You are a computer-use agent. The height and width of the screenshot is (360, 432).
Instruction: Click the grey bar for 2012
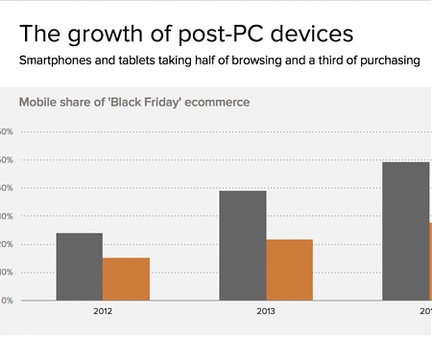click(x=79, y=267)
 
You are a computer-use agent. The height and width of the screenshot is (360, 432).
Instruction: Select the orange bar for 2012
click(x=126, y=279)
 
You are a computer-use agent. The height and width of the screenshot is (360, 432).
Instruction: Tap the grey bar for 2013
click(x=243, y=246)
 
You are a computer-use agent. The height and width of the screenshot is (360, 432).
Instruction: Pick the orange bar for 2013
click(x=289, y=270)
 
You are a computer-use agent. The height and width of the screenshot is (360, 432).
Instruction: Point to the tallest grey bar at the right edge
click(x=406, y=231)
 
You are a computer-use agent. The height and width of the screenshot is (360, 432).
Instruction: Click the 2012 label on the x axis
click(x=103, y=312)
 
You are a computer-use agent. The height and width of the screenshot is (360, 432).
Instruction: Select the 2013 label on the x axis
click(x=266, y=312)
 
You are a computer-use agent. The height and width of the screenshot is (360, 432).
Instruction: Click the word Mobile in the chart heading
click(x=38, y=101)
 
